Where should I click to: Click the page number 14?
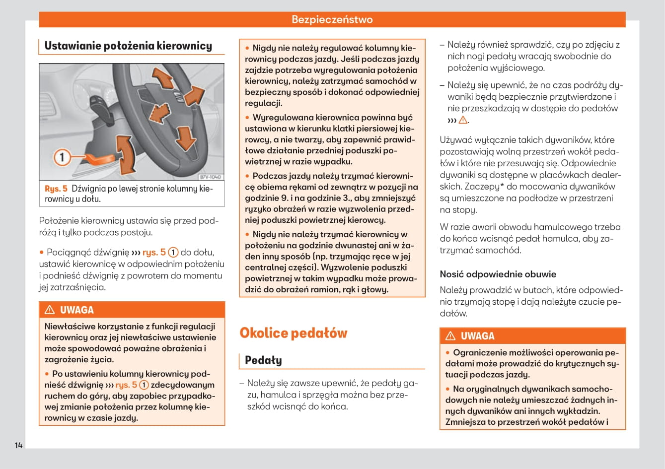[x=18, y=445]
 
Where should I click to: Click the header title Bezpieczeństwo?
[x=332, y=20]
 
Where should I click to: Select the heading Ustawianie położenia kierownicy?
[x=128, y=46]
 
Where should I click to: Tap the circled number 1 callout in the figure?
[x=62, y=158]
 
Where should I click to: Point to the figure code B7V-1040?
[x=210, y=177]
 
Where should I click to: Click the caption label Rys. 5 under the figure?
[x=56, y=189]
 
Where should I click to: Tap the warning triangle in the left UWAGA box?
[x=50, y=310]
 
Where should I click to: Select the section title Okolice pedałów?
[x=293, y=333]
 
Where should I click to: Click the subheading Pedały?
[x=263, y=360]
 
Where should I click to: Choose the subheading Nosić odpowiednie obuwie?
[x=498, y=274]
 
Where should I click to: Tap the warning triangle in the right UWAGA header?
[x=450, y=336]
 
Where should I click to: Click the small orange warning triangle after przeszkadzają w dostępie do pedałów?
[x=463, y=120]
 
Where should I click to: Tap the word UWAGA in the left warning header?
[x=76, y=310]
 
